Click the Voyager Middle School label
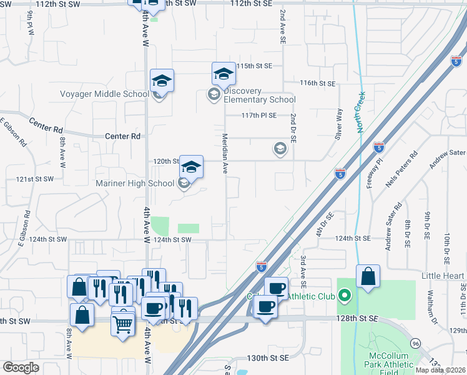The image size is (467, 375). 104,94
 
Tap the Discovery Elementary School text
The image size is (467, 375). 259,95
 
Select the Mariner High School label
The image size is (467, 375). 134,183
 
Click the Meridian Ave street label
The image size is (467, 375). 226,154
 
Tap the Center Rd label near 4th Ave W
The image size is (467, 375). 123,136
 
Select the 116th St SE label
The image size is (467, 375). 317,82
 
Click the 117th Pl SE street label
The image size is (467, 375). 260,115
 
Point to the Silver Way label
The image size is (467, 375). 339,124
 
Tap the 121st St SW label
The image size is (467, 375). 35,179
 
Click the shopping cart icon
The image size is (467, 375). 123,323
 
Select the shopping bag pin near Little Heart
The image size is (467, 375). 368,276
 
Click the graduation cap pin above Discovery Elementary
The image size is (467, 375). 223,74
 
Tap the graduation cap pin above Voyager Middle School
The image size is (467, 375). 162,81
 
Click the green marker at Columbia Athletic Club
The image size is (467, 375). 345,294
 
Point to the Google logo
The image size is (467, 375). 21,367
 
